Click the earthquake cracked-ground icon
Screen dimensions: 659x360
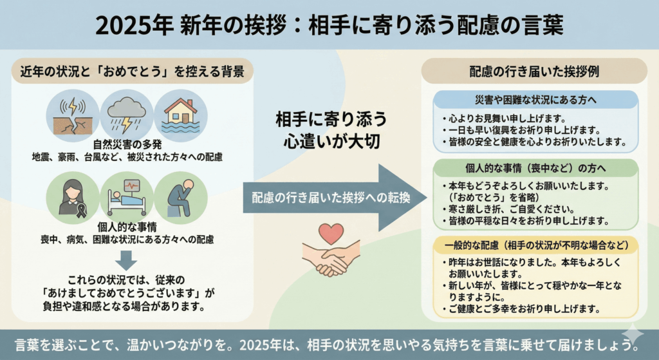pos(73,116)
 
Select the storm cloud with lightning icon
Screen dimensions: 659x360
pos(127,116)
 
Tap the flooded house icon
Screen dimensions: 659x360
pos(181,116)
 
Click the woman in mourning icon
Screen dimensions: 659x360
pos(73,198)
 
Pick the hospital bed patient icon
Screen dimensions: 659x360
pos(127,198)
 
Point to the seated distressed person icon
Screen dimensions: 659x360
pos(181,198)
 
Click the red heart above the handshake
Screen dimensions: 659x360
pos(331,233)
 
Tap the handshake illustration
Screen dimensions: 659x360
pos(331,258)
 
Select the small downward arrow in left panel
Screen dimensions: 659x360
pos(126,261)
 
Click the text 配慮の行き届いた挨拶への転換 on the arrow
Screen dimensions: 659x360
pos(331,198)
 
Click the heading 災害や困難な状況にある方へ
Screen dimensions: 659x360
pos(535,100)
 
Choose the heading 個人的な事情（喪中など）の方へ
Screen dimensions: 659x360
pos(535,168)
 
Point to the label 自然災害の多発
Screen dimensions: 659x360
pos(127,145)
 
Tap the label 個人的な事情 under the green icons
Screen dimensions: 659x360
pos(127,227)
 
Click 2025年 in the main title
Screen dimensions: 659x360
pos(135,25)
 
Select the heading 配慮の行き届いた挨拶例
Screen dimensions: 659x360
pos(534,71)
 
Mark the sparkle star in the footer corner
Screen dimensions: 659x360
pos(633,335)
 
